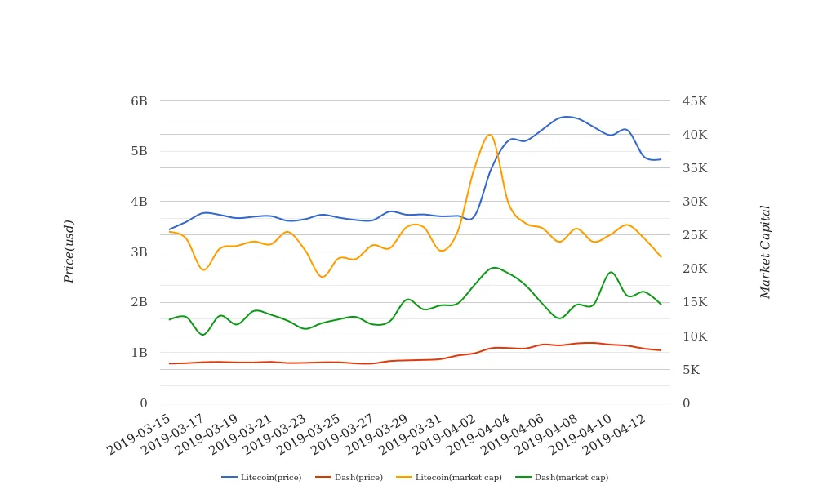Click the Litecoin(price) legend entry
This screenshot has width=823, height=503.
point(261,478)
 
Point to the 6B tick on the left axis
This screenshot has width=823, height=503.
point(139,101)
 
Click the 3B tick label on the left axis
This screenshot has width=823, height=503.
point(139,252)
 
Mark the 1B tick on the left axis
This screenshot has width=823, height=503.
point(139,353)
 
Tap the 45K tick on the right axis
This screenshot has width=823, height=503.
point(695,101)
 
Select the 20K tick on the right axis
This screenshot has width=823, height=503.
point(695,269)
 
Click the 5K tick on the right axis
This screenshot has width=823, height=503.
point(691,370)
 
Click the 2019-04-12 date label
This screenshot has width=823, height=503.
point(616,434)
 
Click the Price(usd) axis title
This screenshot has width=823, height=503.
point(69,251)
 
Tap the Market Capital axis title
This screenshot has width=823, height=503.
point(765,251)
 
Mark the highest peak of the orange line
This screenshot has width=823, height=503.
point(489,135)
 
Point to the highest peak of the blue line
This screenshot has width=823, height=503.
point(566,117)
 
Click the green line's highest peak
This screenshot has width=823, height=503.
point(493,267)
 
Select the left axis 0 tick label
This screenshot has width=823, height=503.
point(144,403)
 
